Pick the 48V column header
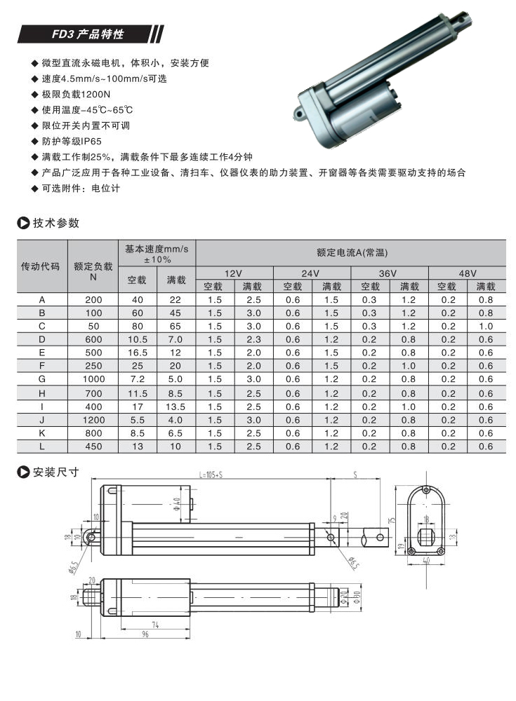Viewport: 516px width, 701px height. click(468, 273)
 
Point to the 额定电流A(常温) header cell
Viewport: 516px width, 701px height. click(351, 252)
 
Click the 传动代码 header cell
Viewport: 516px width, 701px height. click(41, 266)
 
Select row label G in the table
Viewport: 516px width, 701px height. click(41, 379)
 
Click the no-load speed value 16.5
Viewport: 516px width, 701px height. click(137, 353)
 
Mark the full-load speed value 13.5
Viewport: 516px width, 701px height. click(176, 406)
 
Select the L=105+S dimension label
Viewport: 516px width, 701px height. click(211, 475)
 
